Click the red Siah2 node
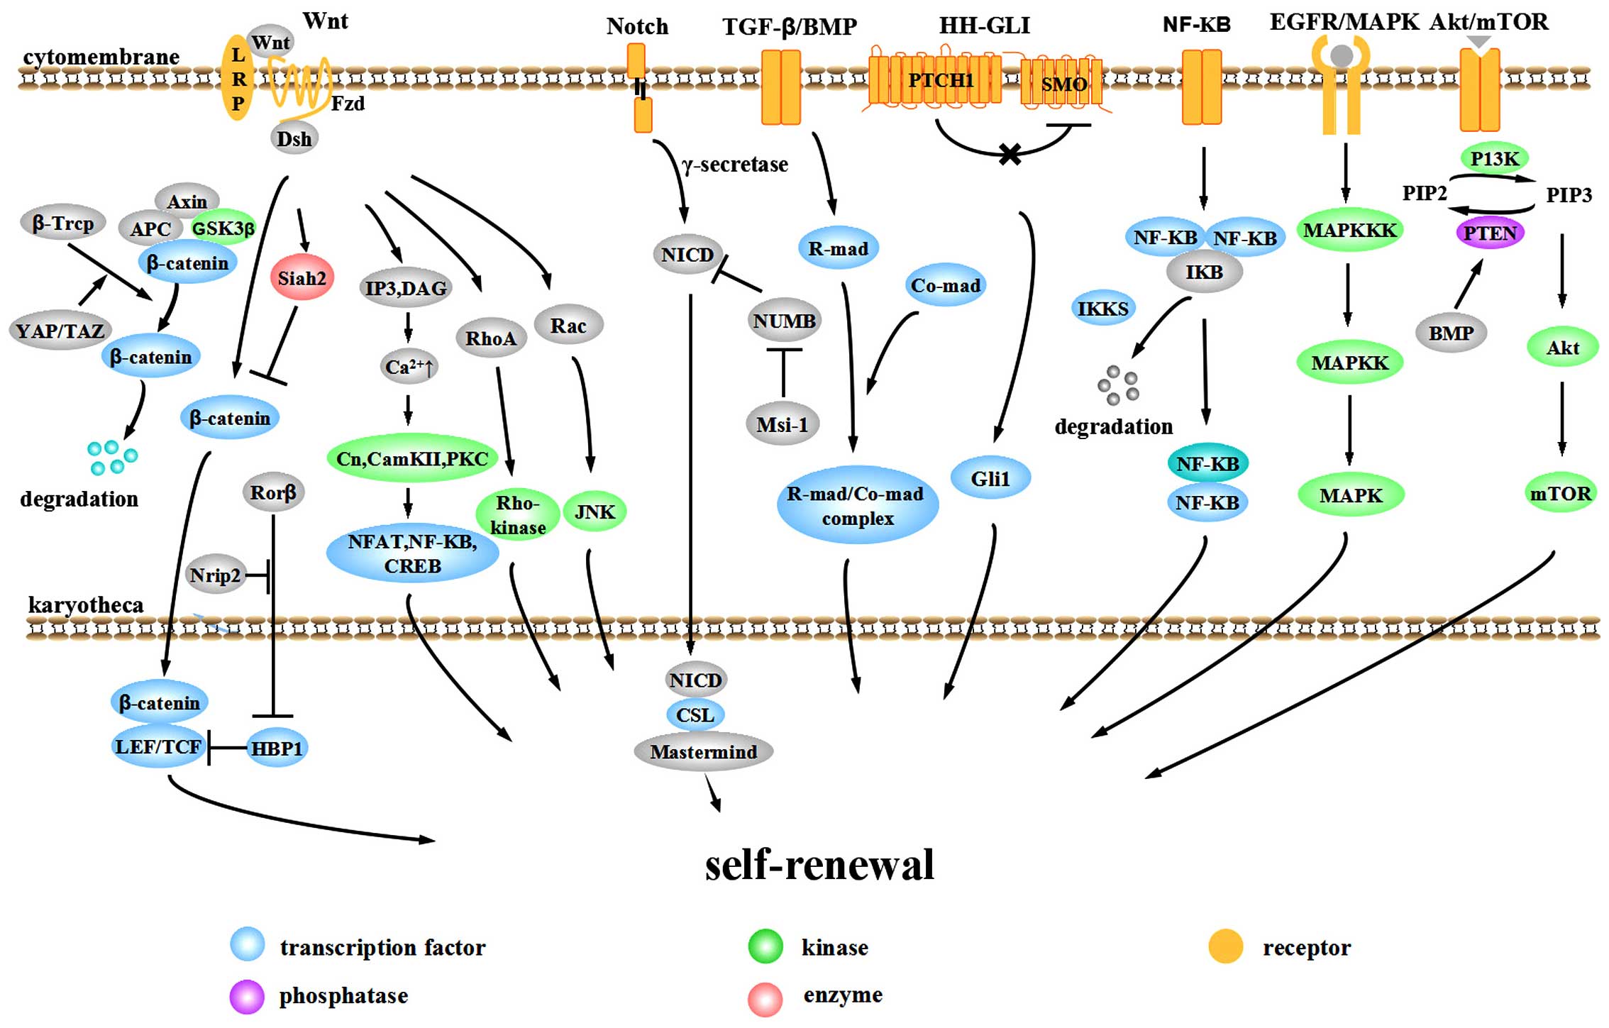tap(302, 277)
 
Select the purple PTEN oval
tap(1490, 233)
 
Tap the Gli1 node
tap(990, 479)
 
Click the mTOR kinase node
tap(1560, 493)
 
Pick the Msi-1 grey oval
tap(783, 424)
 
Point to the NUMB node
tap(784, 321)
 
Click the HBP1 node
tap(277, 748)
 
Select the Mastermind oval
tap(703, 752)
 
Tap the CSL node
tap(695, 714)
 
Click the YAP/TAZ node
tap(60, 331)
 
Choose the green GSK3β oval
tap(223, 228)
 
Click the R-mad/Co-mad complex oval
tap(858, 506)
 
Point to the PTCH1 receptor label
tap(941, 80)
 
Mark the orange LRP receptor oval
tap(238, 78)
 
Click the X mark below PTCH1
tap(1010, 154)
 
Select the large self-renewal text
tap(819, 865)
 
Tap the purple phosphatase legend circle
tap(247, 996)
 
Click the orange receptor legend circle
tap(1225, 946)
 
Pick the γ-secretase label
tap(735, 165)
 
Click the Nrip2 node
tap(215, 575)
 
